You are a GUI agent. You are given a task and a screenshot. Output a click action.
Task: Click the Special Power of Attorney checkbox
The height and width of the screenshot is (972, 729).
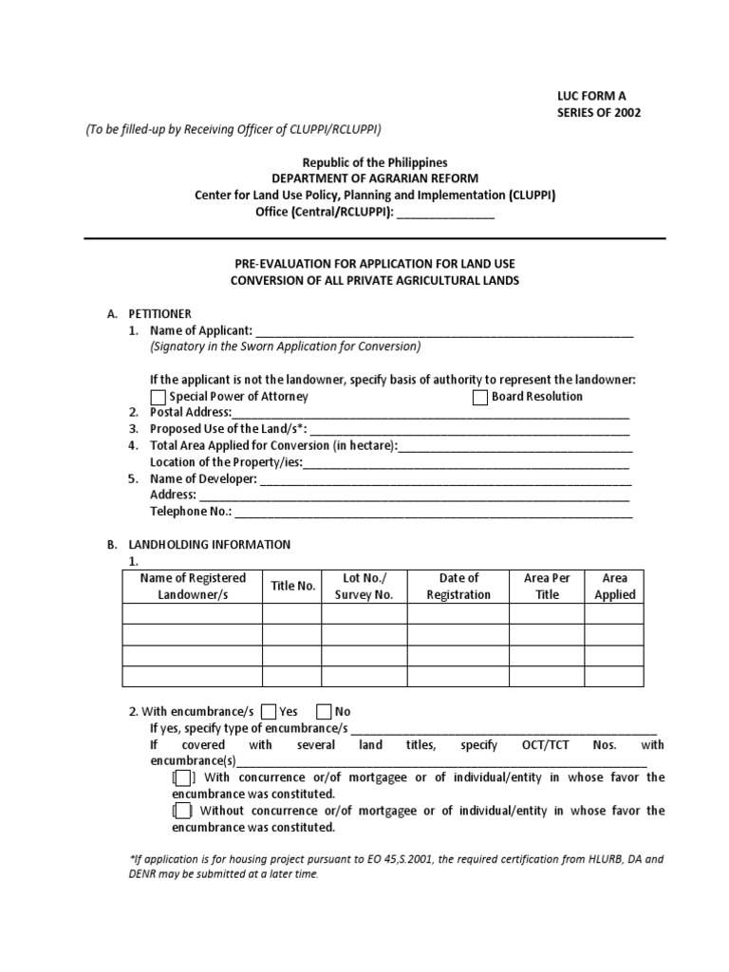[159, 397]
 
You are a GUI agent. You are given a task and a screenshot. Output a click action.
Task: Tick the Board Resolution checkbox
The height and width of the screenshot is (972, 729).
[480, 397]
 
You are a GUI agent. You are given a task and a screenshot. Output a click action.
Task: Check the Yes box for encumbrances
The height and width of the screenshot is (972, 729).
[269, 712]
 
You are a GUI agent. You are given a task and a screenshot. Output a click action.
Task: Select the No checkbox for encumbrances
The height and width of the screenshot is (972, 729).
[324, 712]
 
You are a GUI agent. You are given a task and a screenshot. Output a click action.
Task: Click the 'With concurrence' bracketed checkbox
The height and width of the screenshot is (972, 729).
[182, 777]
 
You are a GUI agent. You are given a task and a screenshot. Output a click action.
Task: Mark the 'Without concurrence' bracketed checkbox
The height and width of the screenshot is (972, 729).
[182, 811]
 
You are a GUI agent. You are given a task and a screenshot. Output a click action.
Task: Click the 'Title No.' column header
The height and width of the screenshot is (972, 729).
[292, 587]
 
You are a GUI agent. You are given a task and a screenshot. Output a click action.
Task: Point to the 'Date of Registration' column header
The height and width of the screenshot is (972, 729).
[458, 587]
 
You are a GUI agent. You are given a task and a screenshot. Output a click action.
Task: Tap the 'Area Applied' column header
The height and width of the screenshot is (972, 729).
[614, 587]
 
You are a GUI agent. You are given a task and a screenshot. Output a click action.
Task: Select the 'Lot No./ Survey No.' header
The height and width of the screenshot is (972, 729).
[364, 587]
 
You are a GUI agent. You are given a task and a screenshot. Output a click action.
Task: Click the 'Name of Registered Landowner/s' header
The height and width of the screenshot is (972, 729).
[193, 587]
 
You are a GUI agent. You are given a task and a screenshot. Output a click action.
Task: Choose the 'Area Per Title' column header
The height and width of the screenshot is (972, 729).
[547, 587]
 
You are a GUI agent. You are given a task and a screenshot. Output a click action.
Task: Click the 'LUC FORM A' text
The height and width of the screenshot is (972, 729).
[591, 95]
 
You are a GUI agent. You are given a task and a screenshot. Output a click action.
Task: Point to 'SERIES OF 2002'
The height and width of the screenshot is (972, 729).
[598, 112]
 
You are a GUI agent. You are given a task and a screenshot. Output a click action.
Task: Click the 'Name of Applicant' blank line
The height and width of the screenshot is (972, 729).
[443, 331]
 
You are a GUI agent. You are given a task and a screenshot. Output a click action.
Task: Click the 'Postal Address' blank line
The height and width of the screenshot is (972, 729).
[430, 413]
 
